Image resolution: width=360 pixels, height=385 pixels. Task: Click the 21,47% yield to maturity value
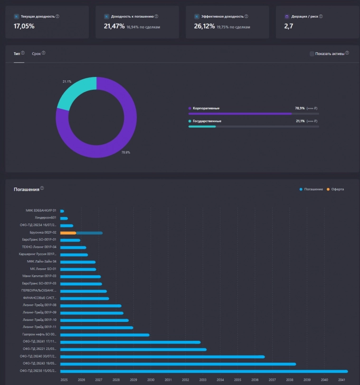click(114, 26)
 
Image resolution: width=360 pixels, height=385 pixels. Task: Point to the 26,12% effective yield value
click(204, 26)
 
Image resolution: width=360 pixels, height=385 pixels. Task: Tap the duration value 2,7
click(289, 26)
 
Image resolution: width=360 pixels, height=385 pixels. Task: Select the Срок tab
click(36, 54)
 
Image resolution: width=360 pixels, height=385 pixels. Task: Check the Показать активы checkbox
click(312, 54)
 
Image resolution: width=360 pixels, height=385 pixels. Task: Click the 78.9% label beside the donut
click(125, 152)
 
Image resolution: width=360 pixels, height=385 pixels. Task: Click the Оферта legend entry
click(337, 189)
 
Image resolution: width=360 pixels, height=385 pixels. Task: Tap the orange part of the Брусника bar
click(68, 233)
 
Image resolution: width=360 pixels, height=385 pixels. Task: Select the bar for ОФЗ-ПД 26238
click(204, 371)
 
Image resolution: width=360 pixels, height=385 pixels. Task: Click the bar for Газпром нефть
click(104, 335)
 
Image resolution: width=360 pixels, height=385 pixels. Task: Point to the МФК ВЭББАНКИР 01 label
click(41, 210)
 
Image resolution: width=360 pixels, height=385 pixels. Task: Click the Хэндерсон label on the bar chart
click(46, 218)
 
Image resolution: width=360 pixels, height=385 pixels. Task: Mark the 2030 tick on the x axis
click(151, 380)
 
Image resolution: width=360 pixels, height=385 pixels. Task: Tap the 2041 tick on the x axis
click(341, 380)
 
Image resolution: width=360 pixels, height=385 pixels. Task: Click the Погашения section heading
click(26, 189)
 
